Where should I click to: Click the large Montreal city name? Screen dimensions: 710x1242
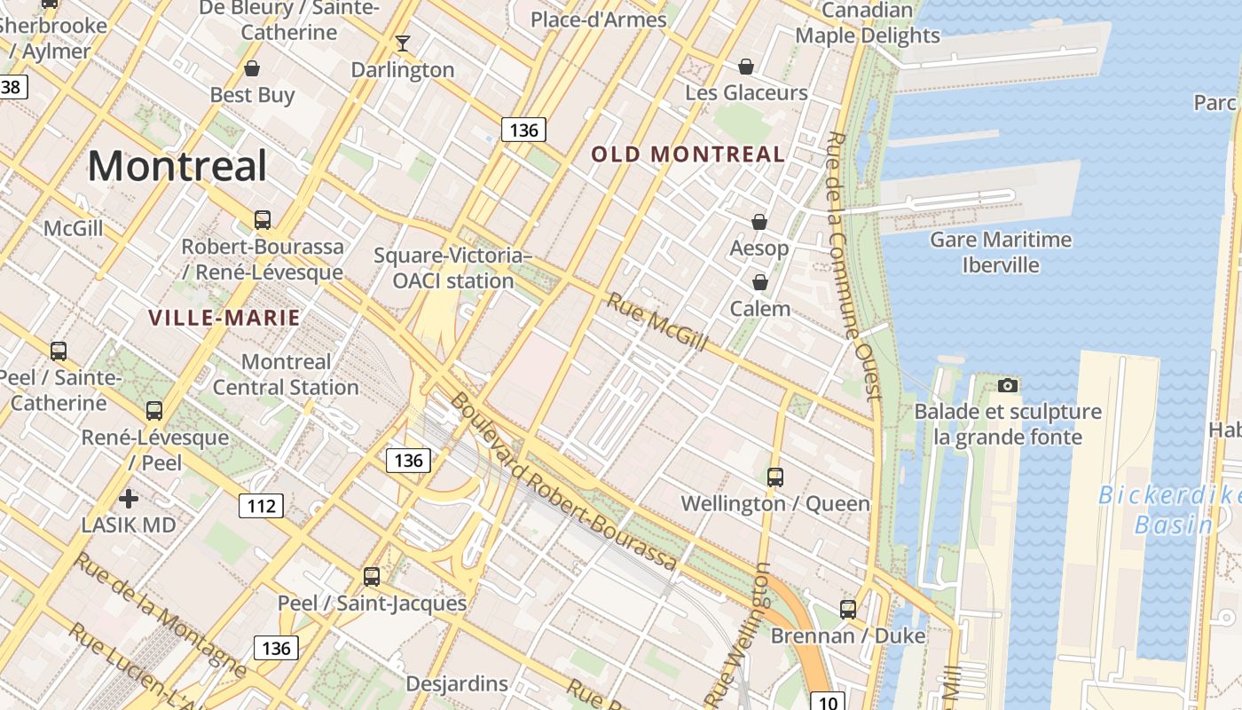click(x=177, y=166)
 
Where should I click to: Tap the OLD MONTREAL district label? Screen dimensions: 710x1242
click(x=688, y=154)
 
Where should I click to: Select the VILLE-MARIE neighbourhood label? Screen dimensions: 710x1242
click(x=224, y=318)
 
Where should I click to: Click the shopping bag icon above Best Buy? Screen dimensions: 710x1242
click(x=252, y=68)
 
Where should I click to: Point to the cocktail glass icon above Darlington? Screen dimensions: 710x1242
click(x=403, y=43)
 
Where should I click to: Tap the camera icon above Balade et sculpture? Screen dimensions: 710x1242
click(x=1007, y=385)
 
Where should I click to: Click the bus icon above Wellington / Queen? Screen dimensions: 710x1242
click(x=774, y=477)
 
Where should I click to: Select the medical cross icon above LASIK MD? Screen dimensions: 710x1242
click(x=129, y=498)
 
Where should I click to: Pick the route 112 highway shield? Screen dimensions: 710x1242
click(x=261, y=506)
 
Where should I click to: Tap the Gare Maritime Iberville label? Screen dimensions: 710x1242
click(x=1000, y=252)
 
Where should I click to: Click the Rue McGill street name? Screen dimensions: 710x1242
click(x=656, y=321)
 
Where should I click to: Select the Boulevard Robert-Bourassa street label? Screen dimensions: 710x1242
click(x=562, y=482)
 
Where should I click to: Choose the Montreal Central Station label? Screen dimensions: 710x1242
click(x=286, y=375)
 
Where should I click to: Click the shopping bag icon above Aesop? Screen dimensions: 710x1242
click(x=759, y=222)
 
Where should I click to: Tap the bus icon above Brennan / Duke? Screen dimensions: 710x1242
click(x=848, y=610)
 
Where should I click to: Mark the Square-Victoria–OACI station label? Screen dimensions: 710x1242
click(x=452, y=268)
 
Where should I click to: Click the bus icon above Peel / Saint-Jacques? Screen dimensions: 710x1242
click(x=372, y=577)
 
